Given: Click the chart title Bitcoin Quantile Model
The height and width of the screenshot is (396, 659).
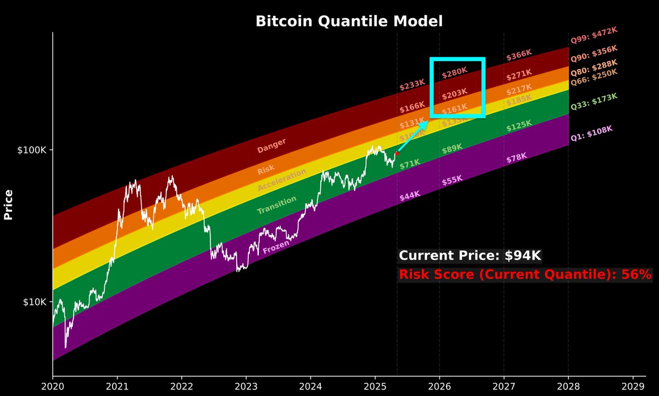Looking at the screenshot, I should coord(349,21).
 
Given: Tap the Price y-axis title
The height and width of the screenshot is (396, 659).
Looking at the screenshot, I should coord(8,205).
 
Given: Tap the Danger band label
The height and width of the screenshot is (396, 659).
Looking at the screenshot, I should coord(271,145).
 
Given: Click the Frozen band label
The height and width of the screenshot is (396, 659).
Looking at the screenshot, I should coord(276,249).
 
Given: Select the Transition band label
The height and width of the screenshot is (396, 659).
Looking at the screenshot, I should coord(276,205).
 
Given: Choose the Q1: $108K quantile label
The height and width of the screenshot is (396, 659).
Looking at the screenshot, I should coord(591,134).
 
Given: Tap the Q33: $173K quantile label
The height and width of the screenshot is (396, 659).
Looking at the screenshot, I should coord(594,101).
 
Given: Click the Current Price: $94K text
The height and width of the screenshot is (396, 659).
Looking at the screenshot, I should coord(470,255).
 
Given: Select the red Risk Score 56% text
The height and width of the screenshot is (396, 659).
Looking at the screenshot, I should coord(525,274).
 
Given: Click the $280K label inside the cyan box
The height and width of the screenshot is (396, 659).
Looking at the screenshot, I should coord(454,71).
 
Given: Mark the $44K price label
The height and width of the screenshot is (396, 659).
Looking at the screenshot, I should coord(410,195).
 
